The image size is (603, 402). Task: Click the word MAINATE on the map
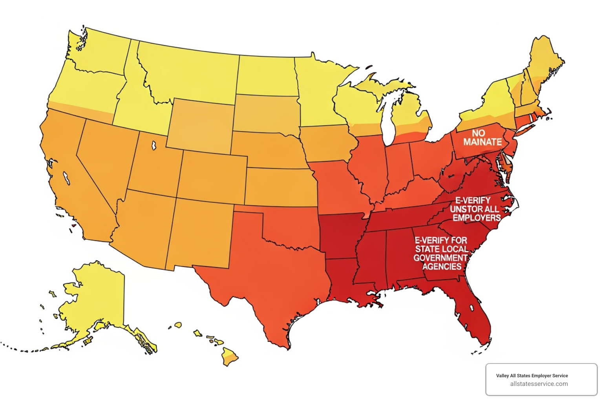click(x=482, y=142)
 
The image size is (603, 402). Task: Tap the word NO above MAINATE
click(x=478, y=133)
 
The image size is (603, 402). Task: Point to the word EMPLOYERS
click(x=477, y=218)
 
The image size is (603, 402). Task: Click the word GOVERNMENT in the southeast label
click(x=440, y=258)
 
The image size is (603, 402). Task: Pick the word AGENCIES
click(x=442, y=267)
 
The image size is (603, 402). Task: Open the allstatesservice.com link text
click(x=539, y=384)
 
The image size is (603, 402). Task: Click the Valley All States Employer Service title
click(x=532, y=376)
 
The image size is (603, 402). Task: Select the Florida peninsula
click(x=477, y=314)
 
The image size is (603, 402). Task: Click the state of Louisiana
click(x=345, y=283)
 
